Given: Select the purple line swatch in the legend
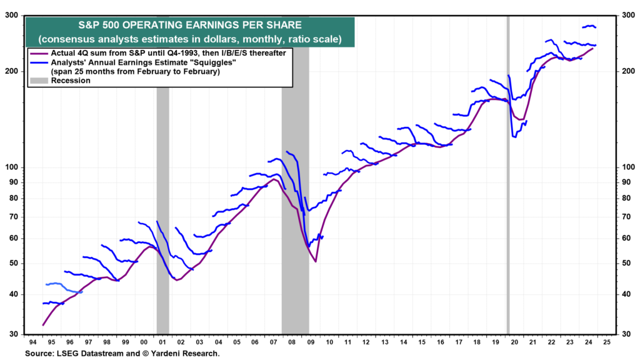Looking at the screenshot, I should (39, 54).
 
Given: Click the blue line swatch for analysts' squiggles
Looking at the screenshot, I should (39, 63).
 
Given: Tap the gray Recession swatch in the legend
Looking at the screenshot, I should (39, 81).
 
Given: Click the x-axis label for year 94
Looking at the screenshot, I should (32, 342).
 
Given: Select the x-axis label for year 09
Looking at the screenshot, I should (309, 342).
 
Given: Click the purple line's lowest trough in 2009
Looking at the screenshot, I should (316, 261).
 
